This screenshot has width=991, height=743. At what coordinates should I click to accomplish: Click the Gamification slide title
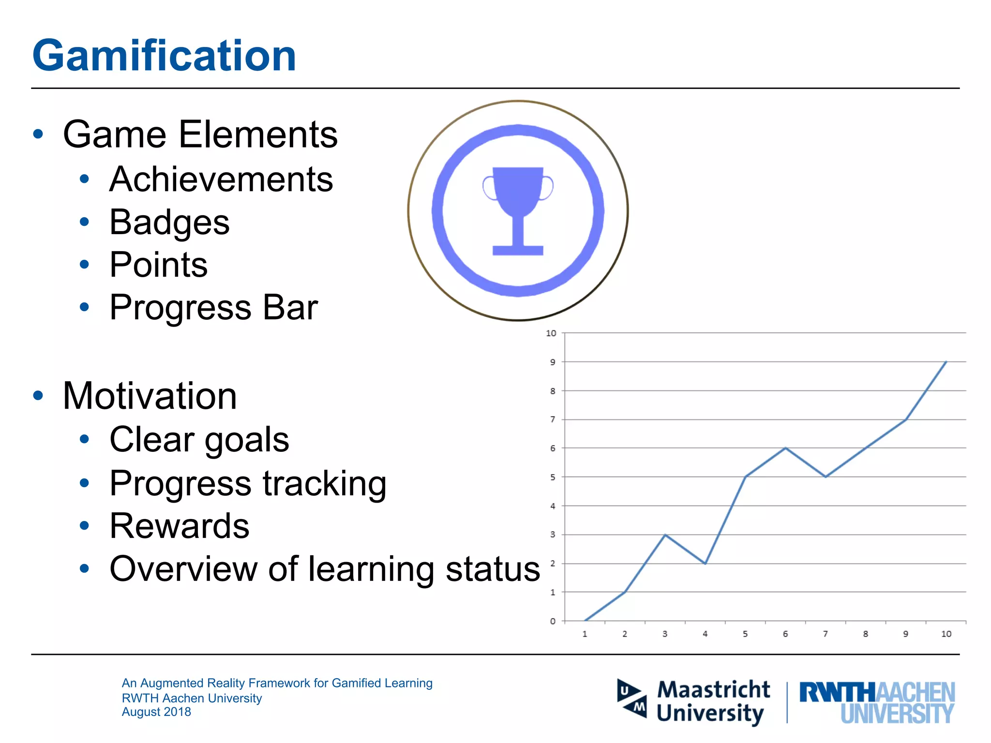click(164, 56)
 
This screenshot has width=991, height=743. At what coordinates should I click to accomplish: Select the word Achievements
click(221, 179)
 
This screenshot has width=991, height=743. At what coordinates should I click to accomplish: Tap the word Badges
click(169, 222)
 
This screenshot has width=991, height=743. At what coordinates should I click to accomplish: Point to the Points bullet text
click(159, 265)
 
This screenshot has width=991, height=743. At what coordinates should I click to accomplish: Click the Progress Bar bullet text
click(213, 307)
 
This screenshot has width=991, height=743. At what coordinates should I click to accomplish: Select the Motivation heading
click(150, 396)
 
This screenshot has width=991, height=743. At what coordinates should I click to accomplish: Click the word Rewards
click(180, 526)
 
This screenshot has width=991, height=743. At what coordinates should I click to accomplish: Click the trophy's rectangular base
click(518, 250)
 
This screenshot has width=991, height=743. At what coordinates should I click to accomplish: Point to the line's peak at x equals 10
click(946, 361)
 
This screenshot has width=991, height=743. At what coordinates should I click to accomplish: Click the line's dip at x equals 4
click(705, 564)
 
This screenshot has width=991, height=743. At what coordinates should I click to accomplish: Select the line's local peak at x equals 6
click(785, 448)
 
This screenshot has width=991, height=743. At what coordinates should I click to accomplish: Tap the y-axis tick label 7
click(553, 419)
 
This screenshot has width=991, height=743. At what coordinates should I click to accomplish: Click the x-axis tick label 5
click(745, 634)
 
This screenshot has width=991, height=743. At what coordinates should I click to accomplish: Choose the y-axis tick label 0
click(553, 621)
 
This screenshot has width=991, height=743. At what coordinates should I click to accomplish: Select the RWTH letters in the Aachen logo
click(837, 692)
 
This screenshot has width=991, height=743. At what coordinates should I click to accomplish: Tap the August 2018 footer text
click(156, 712)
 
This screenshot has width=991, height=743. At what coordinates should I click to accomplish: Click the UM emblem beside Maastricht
click(632, 699)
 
